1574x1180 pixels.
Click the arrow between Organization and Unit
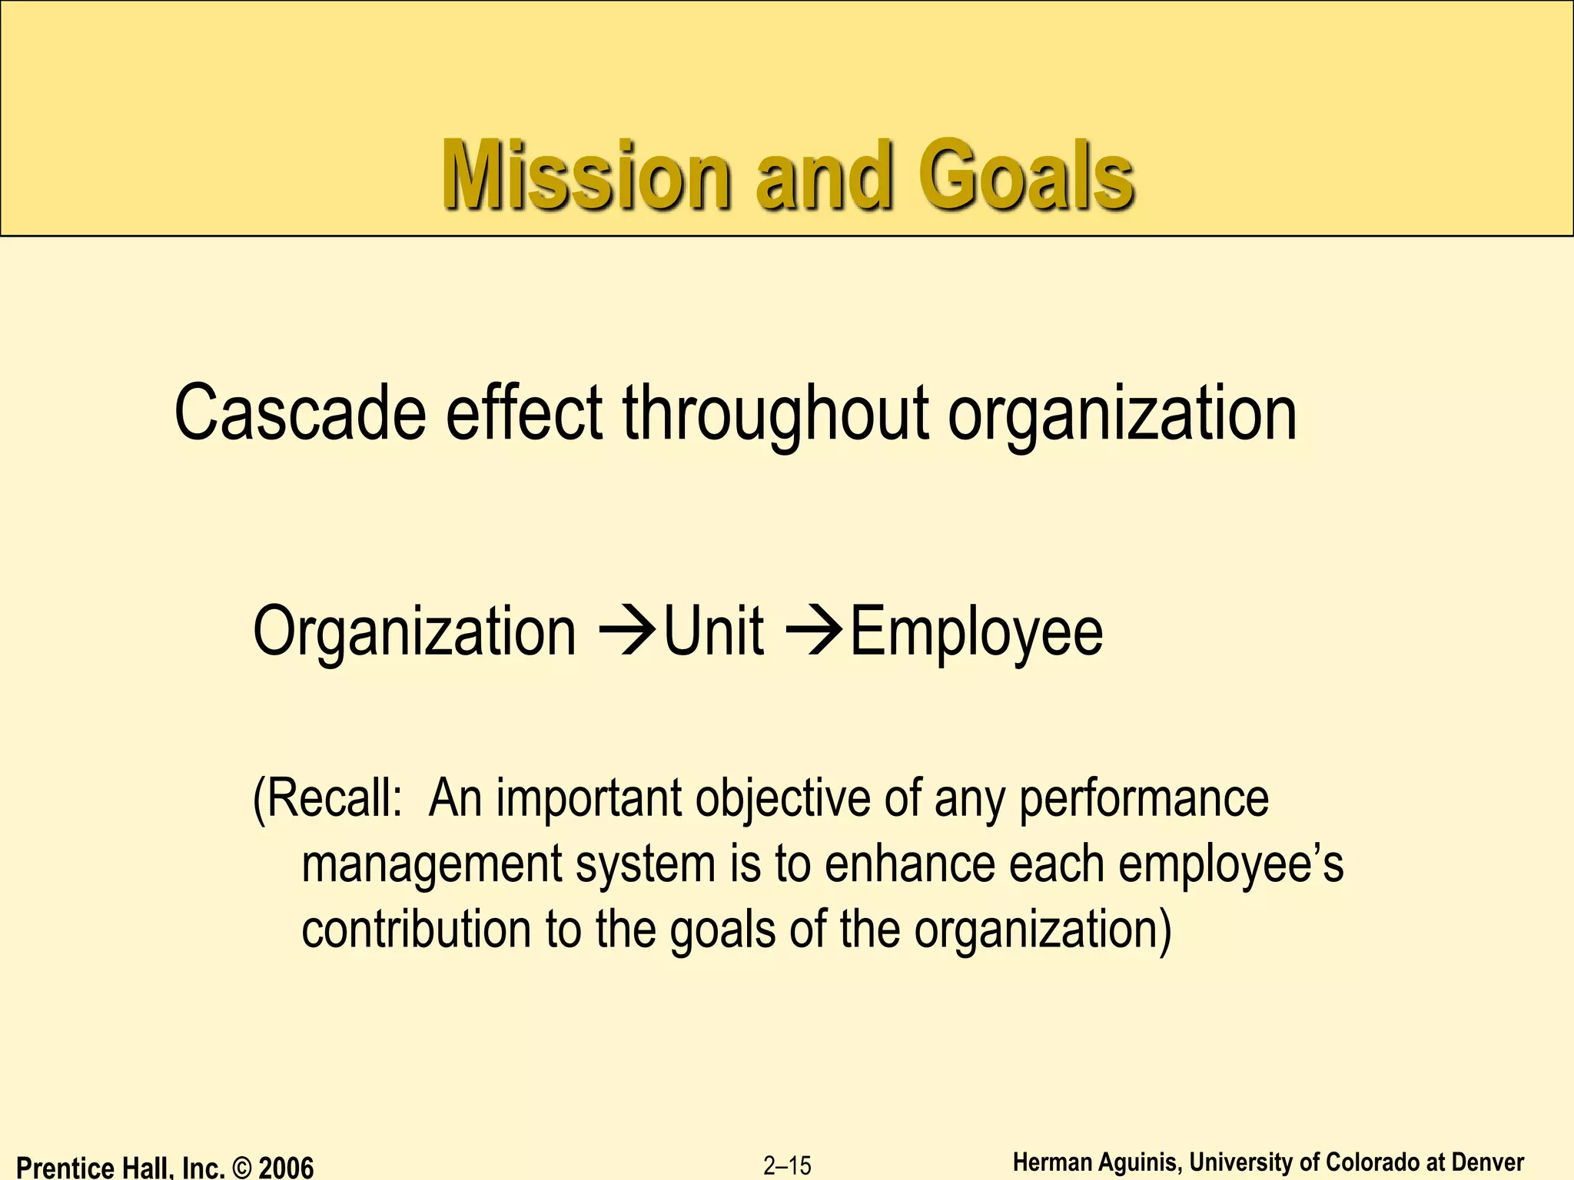point(626,631)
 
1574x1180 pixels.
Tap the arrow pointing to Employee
point(815,631)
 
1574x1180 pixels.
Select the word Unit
point(714,631)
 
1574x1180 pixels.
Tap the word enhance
point(910,864)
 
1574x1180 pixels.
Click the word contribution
point(416,930)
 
